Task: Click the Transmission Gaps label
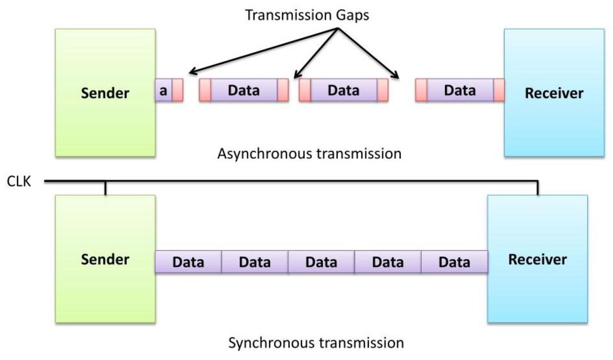click(x=307, y=15)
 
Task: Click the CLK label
click(x=19, y=181)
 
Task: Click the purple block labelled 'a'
click(x=163, y=90)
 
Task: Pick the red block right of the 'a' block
click(x=178, y=90)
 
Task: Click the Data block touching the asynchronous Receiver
click(x=460, y=90)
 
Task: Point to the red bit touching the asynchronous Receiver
click(x=499, y=90)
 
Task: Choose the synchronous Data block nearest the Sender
click(x=188, y=262)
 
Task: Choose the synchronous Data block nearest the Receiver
click(x=454, y=262)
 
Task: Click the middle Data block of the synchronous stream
click(x=321, y=262)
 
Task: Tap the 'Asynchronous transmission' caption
click(x=309, y=154)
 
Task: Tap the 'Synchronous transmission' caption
click(x=316, y=343)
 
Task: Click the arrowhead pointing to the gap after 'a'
click(x=191, y=73)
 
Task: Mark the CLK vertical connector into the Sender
click(x=105, y=188)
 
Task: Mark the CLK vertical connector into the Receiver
click(x=538, y=188)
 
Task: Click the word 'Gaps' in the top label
click(x=352, y=15)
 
